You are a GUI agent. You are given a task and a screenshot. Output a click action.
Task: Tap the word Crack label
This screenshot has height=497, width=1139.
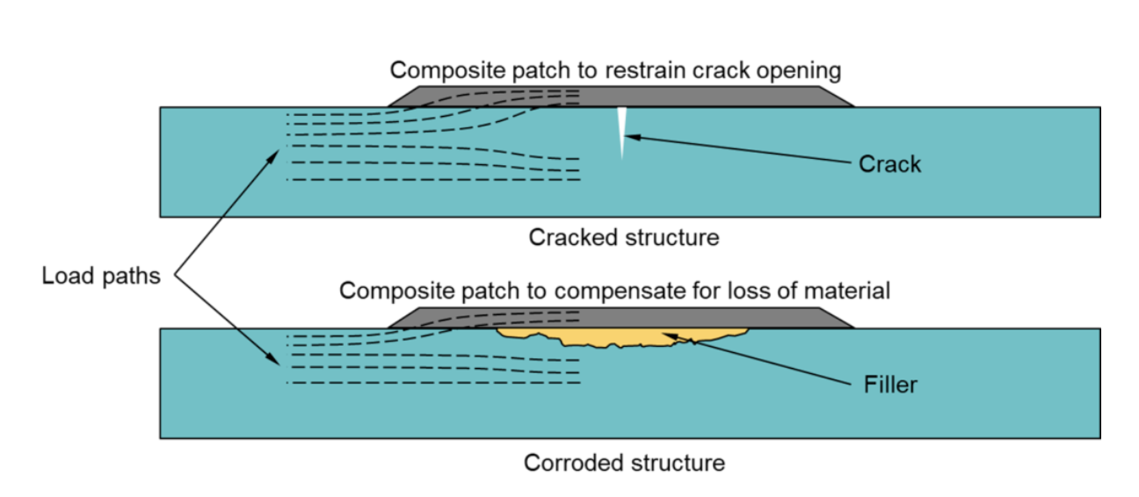tap(889, 164)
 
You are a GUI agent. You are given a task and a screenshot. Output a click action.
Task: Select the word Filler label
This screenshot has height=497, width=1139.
tap(890, 385)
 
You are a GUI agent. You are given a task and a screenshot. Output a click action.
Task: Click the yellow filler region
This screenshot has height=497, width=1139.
tap(615, 335)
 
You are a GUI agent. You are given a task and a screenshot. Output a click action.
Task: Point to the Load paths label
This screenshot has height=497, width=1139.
tap(101, 277)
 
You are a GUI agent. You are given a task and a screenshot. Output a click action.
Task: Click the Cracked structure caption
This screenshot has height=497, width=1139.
tap(623, 237)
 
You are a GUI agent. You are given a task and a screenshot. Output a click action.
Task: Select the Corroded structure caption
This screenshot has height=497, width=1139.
tap(624, 463)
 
